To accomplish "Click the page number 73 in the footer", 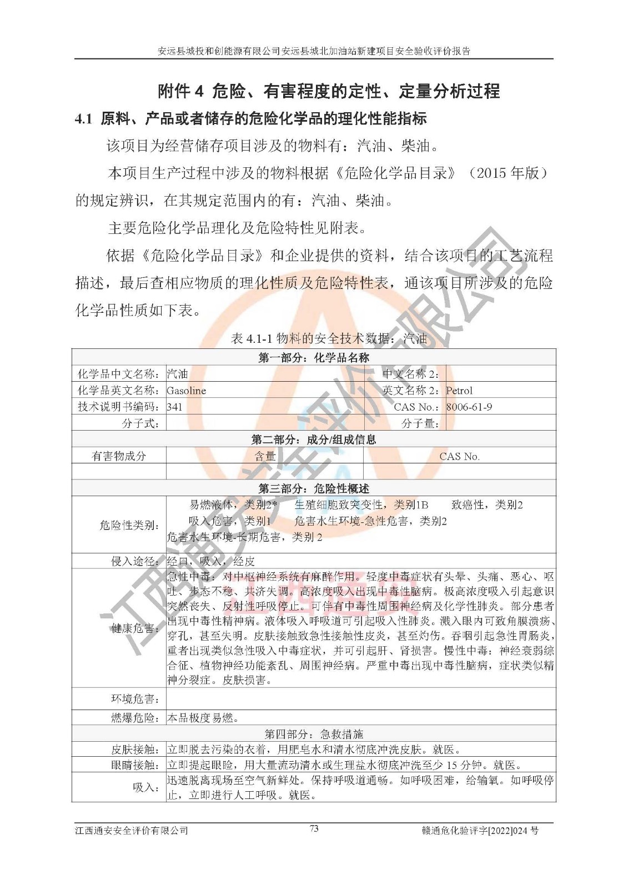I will click(x=314, y=828).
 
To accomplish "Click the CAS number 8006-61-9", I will click(x=469, y=407).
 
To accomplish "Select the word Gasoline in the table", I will click(x=186, y=391).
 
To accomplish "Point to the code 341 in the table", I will click(x=174, y=407).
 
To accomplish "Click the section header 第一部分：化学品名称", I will click(x=314, y=357).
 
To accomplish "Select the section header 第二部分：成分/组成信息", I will click(x=314, y=439).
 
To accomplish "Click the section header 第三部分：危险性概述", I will click(x=314, y=488).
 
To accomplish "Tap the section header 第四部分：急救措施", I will click(x=314, y=733).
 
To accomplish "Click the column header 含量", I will click(x=265, y=456).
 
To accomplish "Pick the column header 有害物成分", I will click(x=119, y=456).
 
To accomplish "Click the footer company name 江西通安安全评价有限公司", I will click(x=132, y=831).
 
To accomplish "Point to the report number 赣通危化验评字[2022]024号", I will click(x=480, y=831).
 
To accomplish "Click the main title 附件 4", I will click(x=329, y=91).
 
